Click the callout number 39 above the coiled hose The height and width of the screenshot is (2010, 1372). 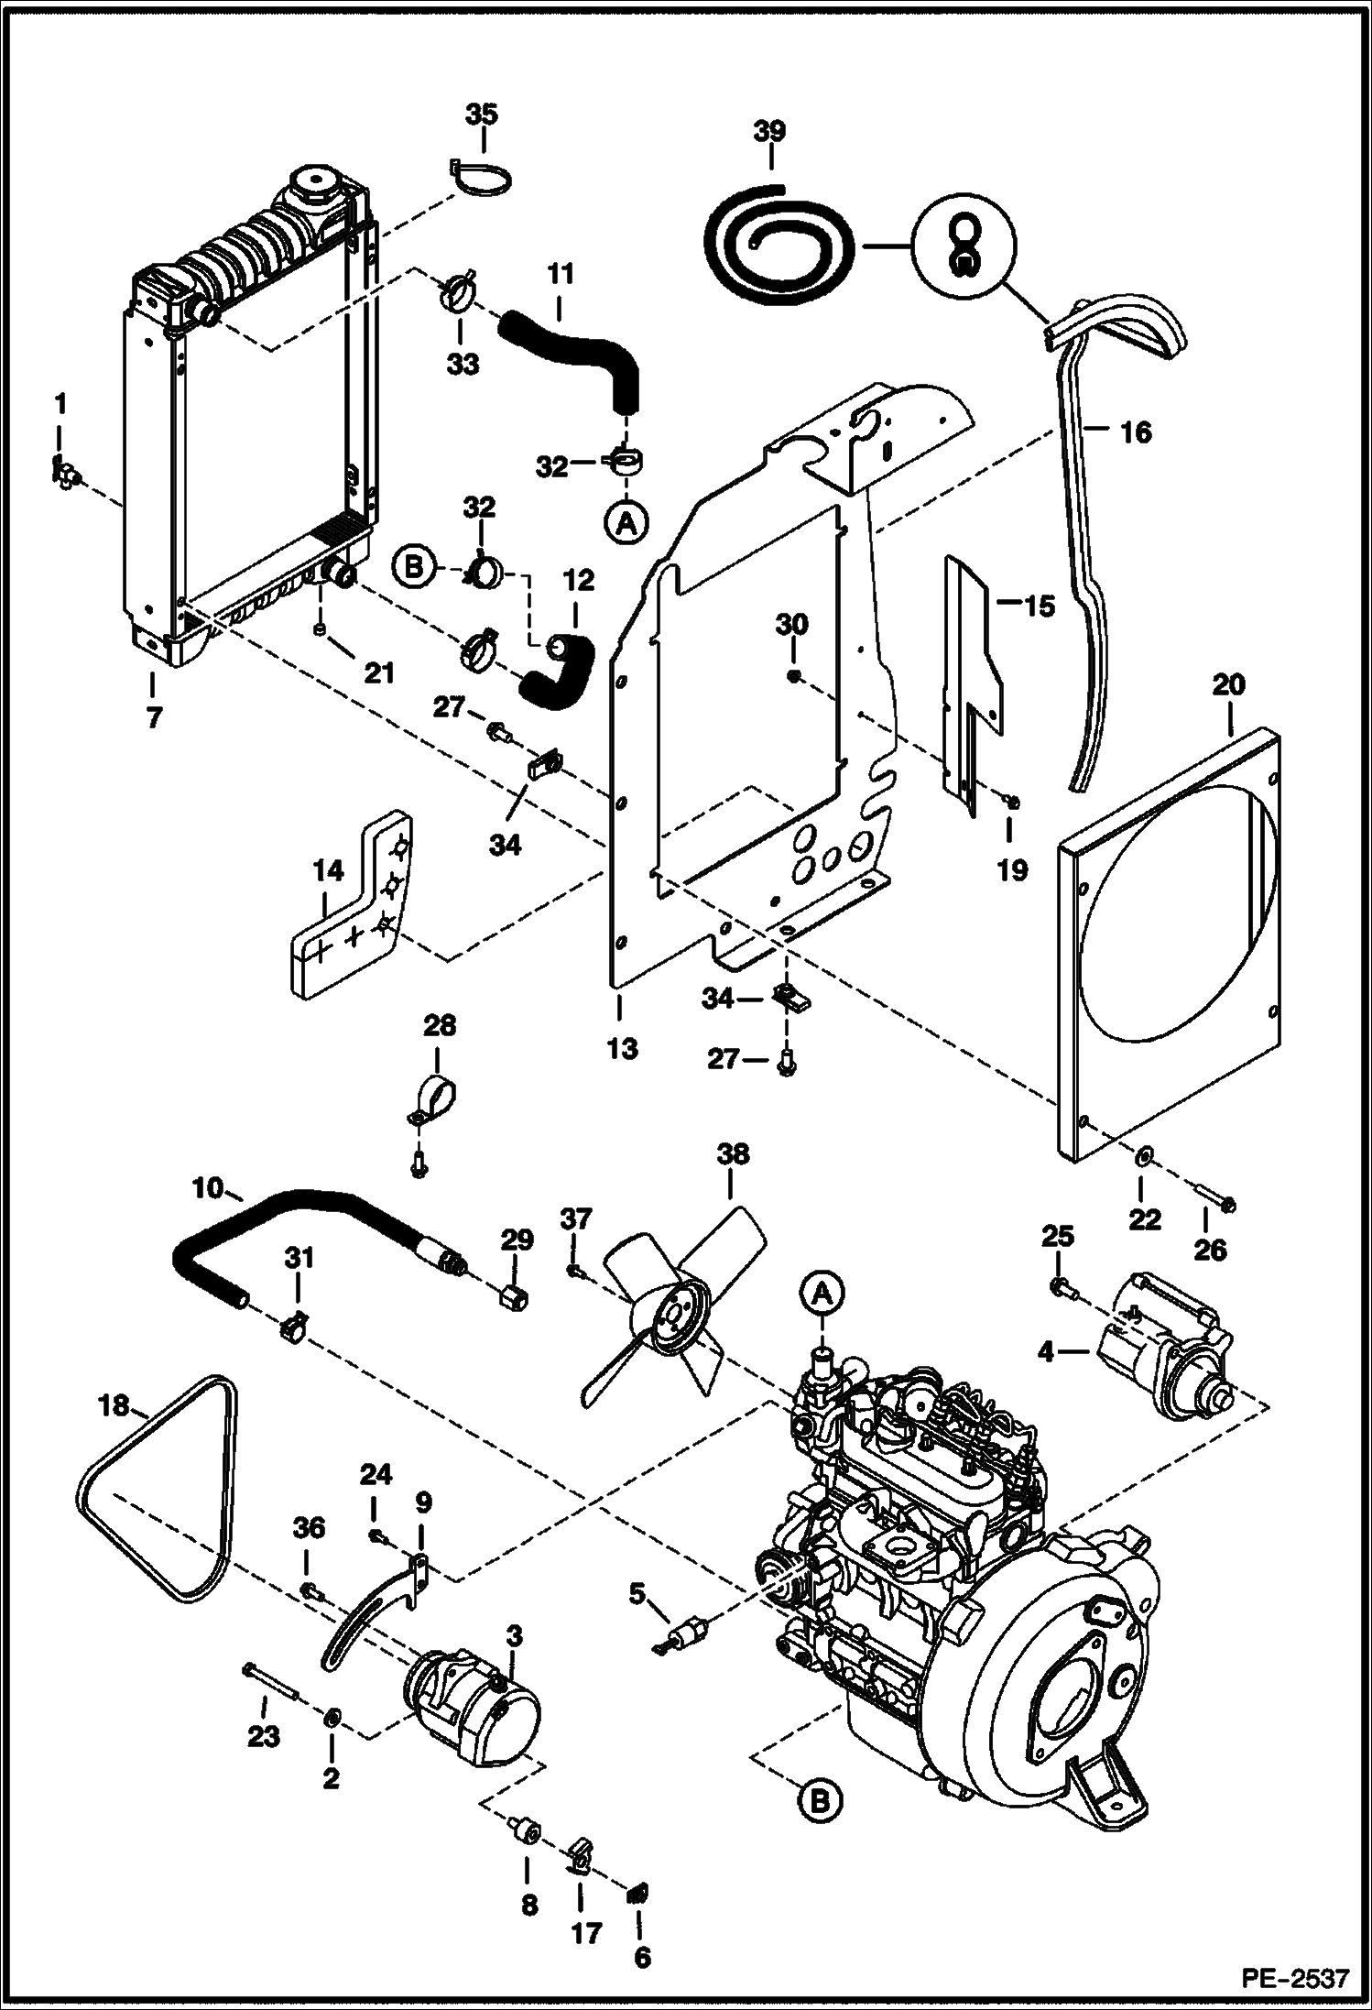click(x=769, y=131)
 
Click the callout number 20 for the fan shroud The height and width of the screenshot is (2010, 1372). click(x=1229, y=684)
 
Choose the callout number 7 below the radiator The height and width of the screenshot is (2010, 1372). click(x=153, y=717)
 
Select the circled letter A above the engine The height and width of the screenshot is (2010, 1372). click(x=822, y=1293)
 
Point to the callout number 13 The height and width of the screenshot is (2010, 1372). click(x=622, y=1047)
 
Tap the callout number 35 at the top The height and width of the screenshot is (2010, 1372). click(x=482, y=115)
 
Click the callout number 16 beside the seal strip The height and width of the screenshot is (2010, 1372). click(x=1136, y=431)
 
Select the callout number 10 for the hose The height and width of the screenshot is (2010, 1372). click(x=208, y=1190)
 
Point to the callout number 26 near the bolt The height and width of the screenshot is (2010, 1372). click(x=1210, y=1249)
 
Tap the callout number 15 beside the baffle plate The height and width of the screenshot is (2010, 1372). click(x=1039, y=606)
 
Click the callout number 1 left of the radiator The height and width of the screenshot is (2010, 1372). click(x=60, y=404)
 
